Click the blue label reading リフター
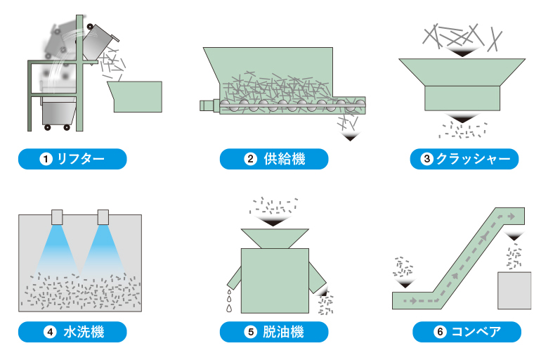(72, 159)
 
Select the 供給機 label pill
(274, 159)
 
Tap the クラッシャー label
(464, 159)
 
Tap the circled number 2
(249, 159)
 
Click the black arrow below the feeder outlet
(349, 137)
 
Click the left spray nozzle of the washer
(58, 216)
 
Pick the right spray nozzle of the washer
(104, 216)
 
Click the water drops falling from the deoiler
(228, 300)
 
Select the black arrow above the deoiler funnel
(274, 221)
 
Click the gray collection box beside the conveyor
(514, 290)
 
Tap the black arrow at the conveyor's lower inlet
(405, 283)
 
